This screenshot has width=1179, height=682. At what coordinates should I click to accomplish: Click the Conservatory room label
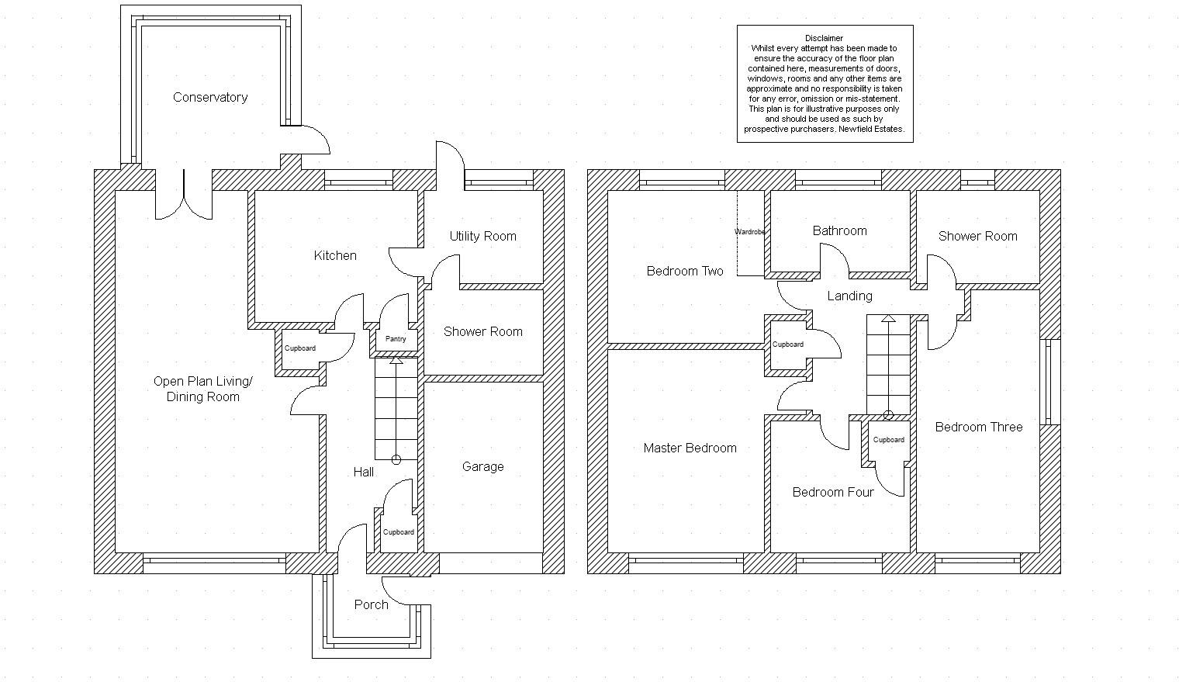pos(210,98)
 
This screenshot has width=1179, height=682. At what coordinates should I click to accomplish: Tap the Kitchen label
pos(335,255)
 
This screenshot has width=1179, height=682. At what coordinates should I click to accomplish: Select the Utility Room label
pos(482,237)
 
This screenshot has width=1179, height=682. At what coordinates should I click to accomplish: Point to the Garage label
pos(482,466)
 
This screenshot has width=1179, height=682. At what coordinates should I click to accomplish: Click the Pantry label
pos(396,338)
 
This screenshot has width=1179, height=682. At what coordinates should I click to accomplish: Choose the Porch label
pos(371,604)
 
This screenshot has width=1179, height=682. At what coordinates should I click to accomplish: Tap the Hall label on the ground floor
pos(364,472)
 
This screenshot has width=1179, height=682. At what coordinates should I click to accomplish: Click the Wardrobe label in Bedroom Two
pos(749,232)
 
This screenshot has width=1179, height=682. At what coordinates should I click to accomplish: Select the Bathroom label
pos(839,230)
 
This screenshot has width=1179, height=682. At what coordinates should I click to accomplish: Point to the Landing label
pos(849,296)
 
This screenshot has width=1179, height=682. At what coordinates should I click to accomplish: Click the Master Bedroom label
pos(690,448)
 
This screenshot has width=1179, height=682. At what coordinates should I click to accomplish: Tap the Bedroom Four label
pos(833,492)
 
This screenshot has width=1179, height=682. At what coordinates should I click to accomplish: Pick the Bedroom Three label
pos(979,427)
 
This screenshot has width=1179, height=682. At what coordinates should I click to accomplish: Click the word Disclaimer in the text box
pos(825,38)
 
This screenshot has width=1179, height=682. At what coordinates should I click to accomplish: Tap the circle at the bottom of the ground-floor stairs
pos(396,460)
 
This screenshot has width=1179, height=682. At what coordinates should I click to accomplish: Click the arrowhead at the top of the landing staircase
pos(888,318)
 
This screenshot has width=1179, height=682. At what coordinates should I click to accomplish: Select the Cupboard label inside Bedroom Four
pos(888,440)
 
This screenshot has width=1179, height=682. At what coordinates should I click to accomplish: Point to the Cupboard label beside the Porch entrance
pos(399,532)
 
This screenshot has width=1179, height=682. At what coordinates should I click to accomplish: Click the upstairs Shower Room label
pos(978,237)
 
